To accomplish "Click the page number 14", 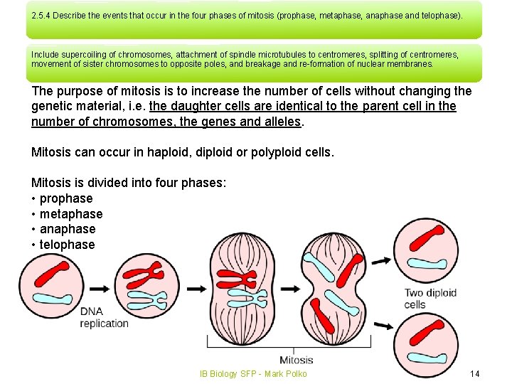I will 475,374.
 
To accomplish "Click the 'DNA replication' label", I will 104,317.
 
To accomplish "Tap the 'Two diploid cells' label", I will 430,299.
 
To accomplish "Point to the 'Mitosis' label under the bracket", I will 296,360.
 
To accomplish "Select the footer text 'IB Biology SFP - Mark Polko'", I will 252,374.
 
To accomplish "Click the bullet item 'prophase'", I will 66,198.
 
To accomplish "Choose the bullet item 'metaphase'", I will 71,214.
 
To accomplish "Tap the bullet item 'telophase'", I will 67,245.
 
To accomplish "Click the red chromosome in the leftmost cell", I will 54,274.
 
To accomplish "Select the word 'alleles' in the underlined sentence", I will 283,122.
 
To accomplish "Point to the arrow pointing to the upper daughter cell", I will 380,261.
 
